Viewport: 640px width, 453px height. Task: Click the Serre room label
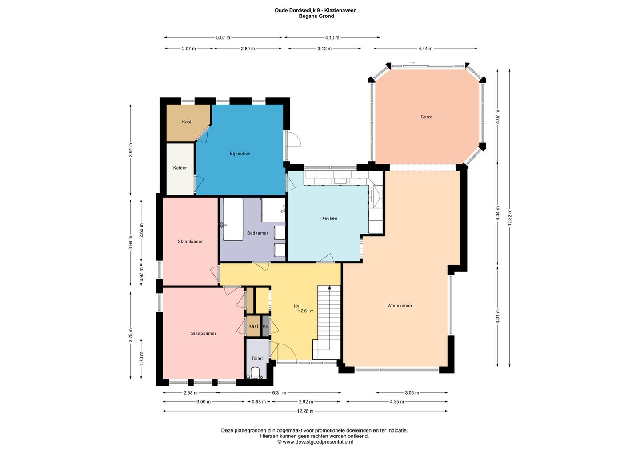coord(426,117)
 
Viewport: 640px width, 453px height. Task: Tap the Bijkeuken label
coord(240,153)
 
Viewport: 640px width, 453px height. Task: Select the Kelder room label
coord(180,168)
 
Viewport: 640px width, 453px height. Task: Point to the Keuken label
coord(329,218)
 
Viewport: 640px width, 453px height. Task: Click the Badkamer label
coord(257,233)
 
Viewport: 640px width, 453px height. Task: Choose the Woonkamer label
coord(400,305)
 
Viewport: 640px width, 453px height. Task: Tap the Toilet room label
coord(257,358)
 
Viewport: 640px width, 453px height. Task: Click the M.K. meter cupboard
coord(266,326)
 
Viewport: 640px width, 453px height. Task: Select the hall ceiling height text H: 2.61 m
coord(304,311)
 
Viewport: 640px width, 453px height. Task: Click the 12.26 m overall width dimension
coord(305,411)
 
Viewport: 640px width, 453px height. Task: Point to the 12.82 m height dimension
coord(510,218)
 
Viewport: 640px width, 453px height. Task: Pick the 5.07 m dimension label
coord(223,37)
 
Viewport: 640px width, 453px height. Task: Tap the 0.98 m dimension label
coord(259,402)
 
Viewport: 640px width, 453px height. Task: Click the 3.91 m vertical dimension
coord(131,150)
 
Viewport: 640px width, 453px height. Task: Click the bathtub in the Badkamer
coord(233,219)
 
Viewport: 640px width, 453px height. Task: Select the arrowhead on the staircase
coord(329,287)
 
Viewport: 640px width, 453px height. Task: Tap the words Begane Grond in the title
coord(316,16)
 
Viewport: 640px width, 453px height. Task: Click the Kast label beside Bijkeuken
coord(187,121)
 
